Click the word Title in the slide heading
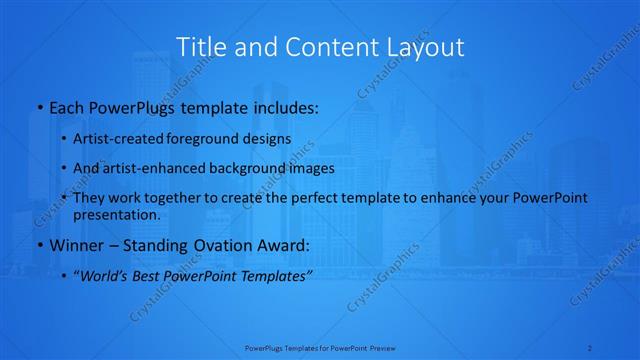[199, 46]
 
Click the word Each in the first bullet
[66, 105]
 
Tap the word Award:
[285, 245]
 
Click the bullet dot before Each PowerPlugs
[38, 106]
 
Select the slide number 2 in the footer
[591, 347]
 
